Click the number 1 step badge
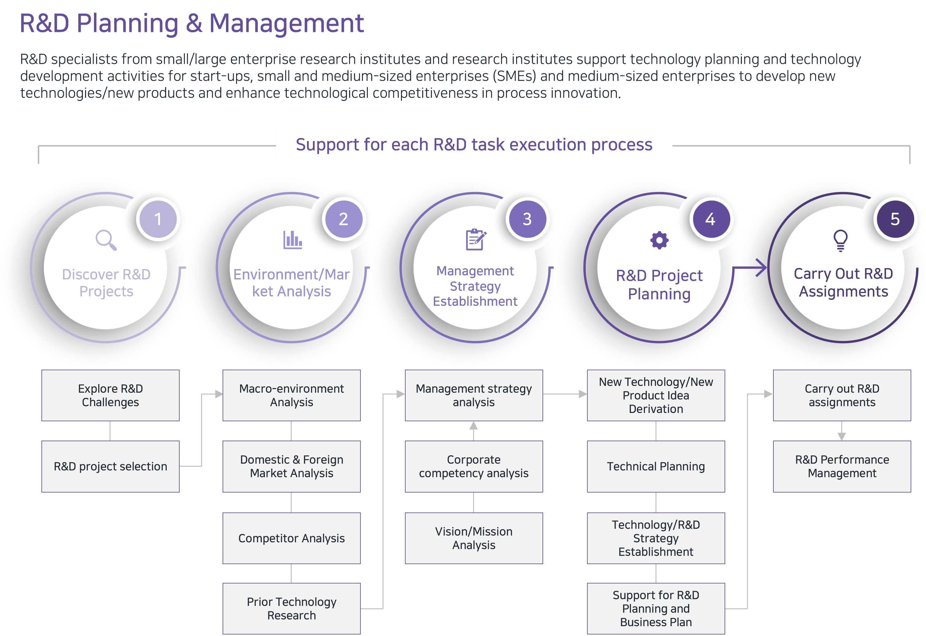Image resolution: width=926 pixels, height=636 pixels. (x=158, y=219)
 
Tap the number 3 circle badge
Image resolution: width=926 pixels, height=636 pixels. (x=527, y=219)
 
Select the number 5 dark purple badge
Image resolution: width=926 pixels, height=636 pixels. (x=895, y=219)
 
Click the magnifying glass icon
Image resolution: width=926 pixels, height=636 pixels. (x=106, y=240)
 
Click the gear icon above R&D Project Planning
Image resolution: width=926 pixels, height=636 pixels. (x=659, y=240)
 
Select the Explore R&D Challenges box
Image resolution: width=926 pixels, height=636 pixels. (x=110, y=395)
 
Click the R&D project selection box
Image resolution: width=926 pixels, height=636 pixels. (x=110, y=466)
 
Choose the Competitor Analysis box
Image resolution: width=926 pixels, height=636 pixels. (x=292, y=538)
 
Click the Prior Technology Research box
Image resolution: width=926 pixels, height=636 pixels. (x=292, y=608)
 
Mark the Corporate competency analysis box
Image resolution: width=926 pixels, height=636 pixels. (x=474, y=466)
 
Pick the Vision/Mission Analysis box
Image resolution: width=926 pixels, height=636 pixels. (x=474, y=538)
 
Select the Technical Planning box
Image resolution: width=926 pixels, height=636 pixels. (x=656, y=466)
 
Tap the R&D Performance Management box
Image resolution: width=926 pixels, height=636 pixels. (x=842, y=466)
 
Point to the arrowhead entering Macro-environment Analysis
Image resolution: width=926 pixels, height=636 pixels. (x=219, y=394)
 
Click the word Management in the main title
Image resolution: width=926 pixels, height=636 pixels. (x=286, y=23)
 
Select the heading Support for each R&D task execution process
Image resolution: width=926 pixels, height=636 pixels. (x=474, y=144)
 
